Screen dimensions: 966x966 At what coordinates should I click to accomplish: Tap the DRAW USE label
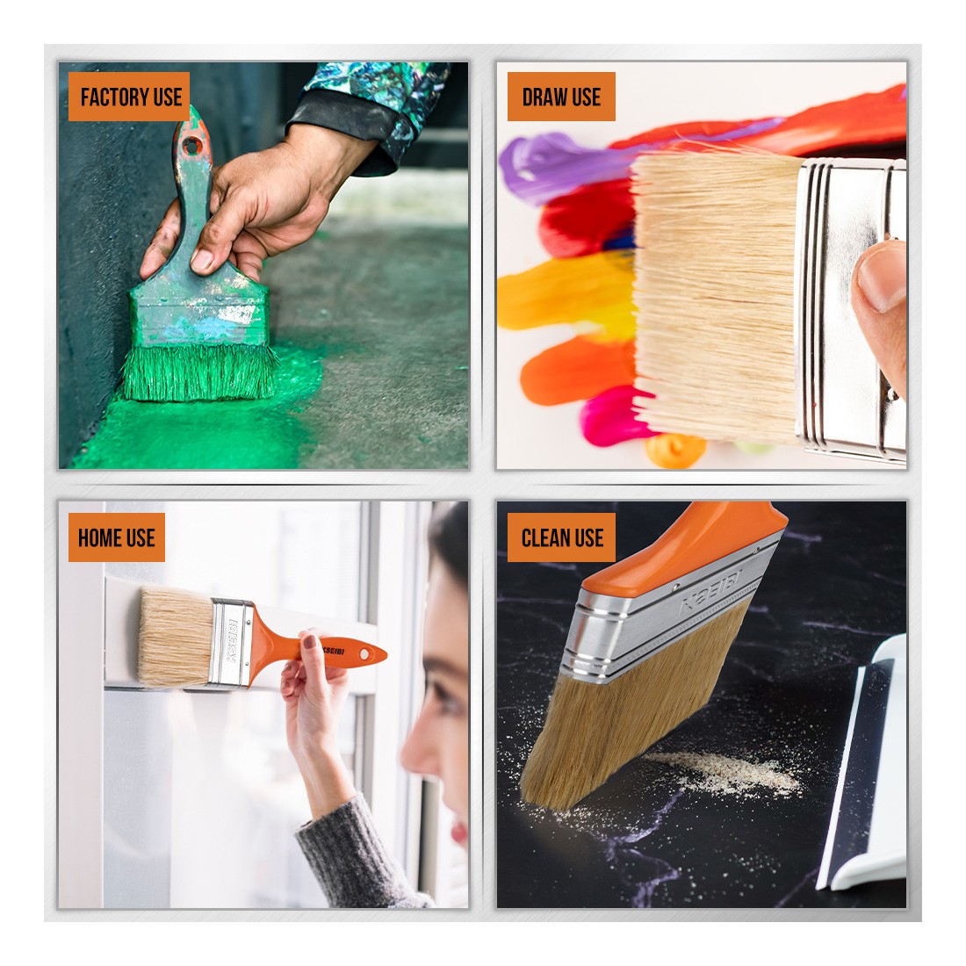pos(561,97)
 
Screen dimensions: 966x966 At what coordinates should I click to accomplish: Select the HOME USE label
pos(117,537)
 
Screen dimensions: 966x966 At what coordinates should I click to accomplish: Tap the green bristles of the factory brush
pos(200,372)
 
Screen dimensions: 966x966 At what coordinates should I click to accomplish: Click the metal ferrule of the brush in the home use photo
pos(232,642)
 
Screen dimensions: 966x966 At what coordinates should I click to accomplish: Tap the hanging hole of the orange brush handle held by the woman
pos(368,653)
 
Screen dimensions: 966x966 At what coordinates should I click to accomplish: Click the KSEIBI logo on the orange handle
pos(333,650)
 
